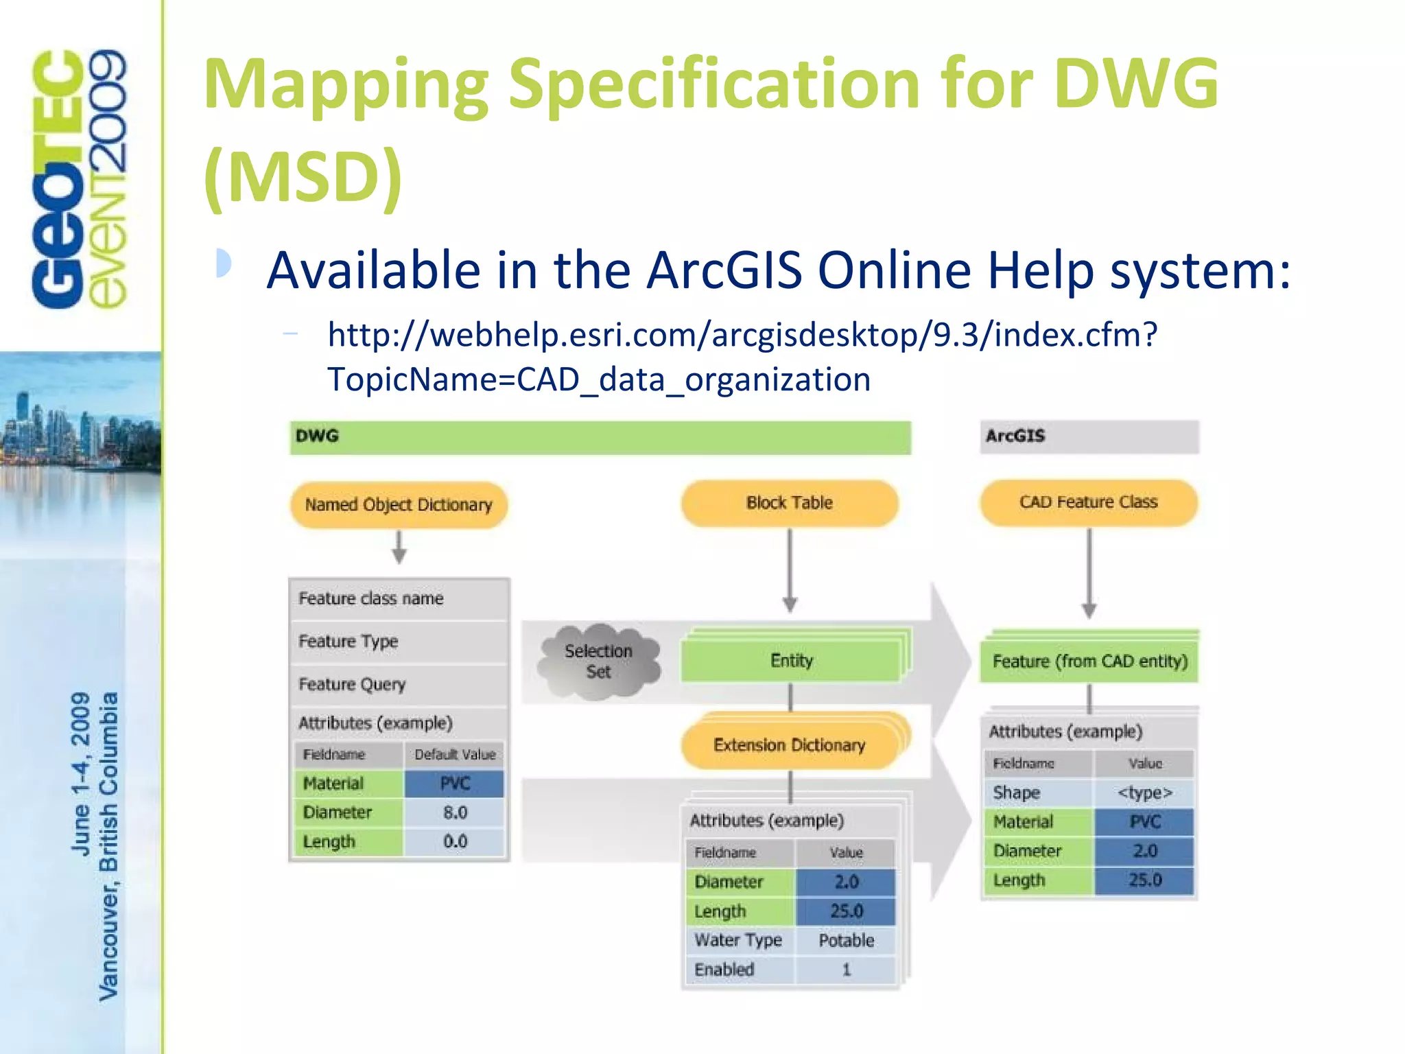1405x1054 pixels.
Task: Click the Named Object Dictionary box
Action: pyautogui.click(x=399, y=505)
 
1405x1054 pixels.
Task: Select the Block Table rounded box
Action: pyautogui.click(x=789, y=503)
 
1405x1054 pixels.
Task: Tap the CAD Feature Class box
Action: pyautogui.click(x=1088, y=502)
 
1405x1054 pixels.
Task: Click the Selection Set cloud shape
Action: pyautogui.click(x=598, y=661)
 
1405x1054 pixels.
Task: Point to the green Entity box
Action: pyautogui.click(x=791, y=661)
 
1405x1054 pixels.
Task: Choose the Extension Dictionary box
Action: pyautogui.click(x=789, y=745)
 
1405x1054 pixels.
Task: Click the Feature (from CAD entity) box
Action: pyautogui.click(x=1089, y=661)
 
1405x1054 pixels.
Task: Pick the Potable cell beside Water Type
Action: pyautogui.click(x=846, y=941)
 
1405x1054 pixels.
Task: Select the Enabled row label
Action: pyautogui.click(x=724, y=970)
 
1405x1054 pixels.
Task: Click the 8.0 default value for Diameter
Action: pyautogui.click(x=455, y=812)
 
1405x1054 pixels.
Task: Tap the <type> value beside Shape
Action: pyautogui.click(x=1144, y=793)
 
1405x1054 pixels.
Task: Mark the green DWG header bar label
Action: pyautogui.click(x=317, y=436)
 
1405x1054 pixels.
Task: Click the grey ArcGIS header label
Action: pyautogui.click(x=1015, y=436)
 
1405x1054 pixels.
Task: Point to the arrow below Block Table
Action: pyautogui.click(x=790, y=570)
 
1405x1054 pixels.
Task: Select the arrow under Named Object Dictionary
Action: pyautogui.click(x=399, y=547)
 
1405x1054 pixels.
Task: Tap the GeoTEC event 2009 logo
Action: pyautogui.click(x=79, y=179)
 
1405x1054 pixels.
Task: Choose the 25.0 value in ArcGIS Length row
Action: pyautogui.click(x=1144, y=880)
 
